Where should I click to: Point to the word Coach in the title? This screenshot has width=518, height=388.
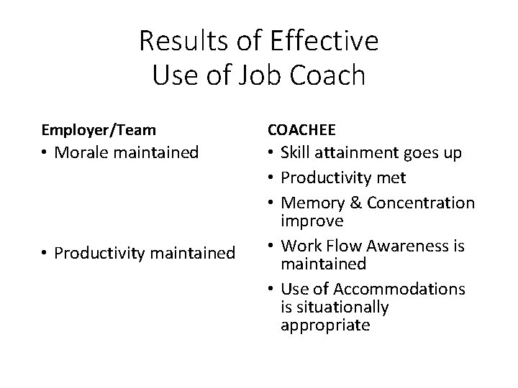point(331,74)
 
